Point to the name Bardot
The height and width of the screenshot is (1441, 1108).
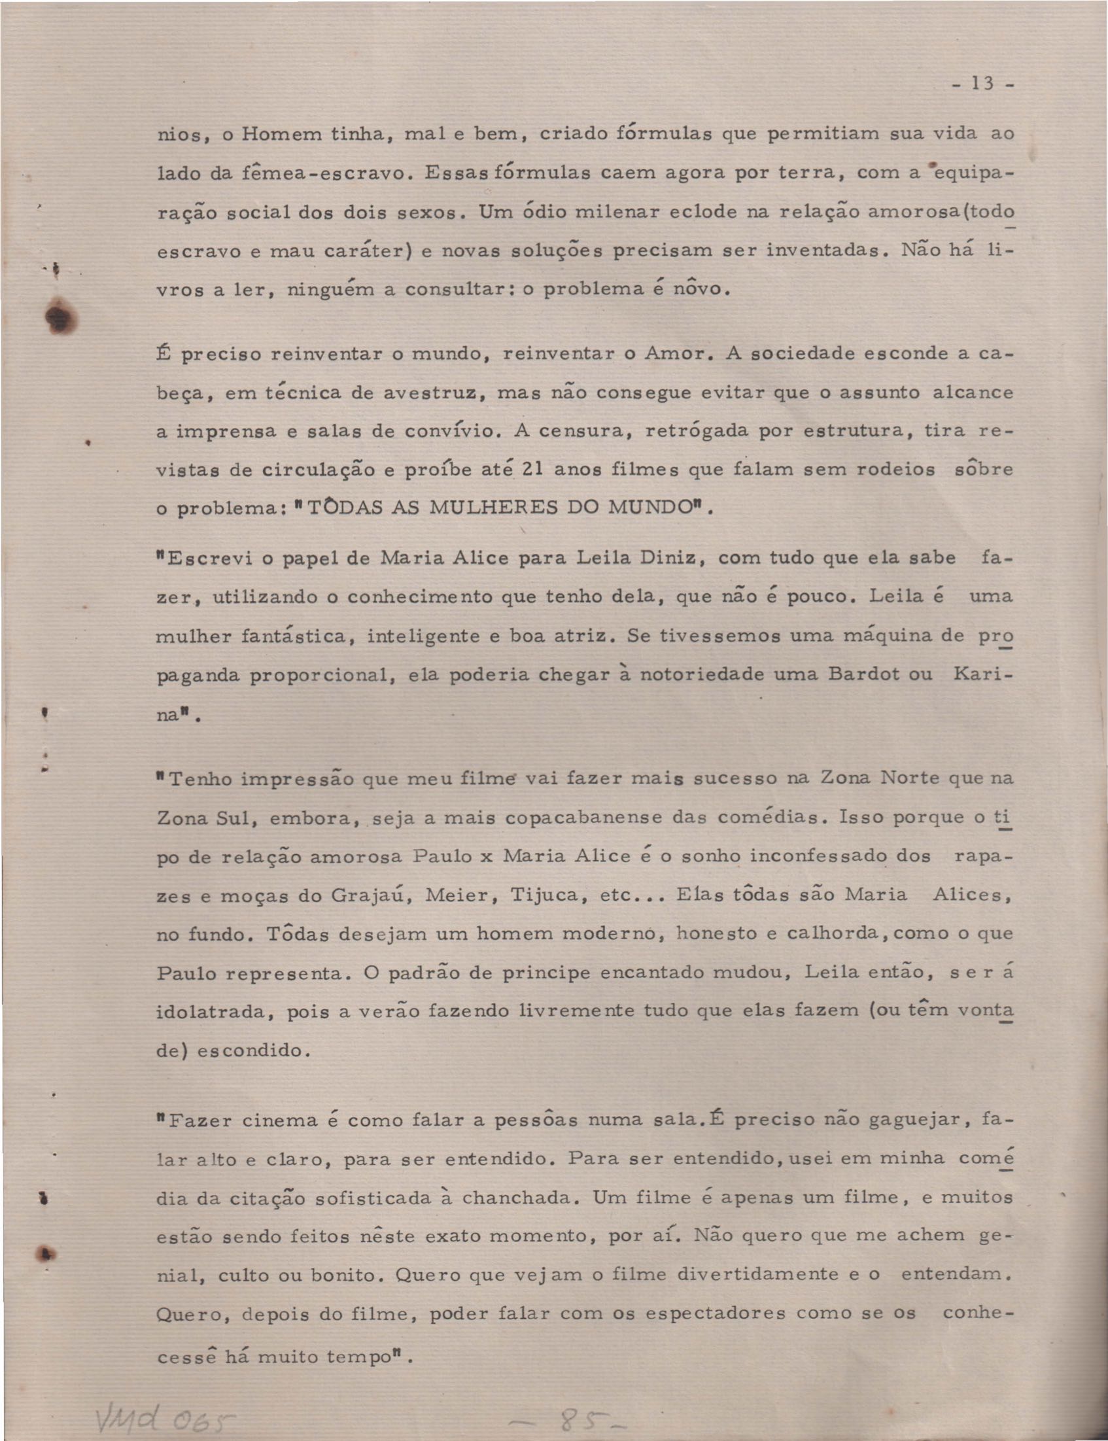[871, 674]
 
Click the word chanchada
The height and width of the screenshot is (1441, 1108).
[516, 1197]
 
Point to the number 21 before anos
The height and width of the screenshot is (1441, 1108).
[532, 470]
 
